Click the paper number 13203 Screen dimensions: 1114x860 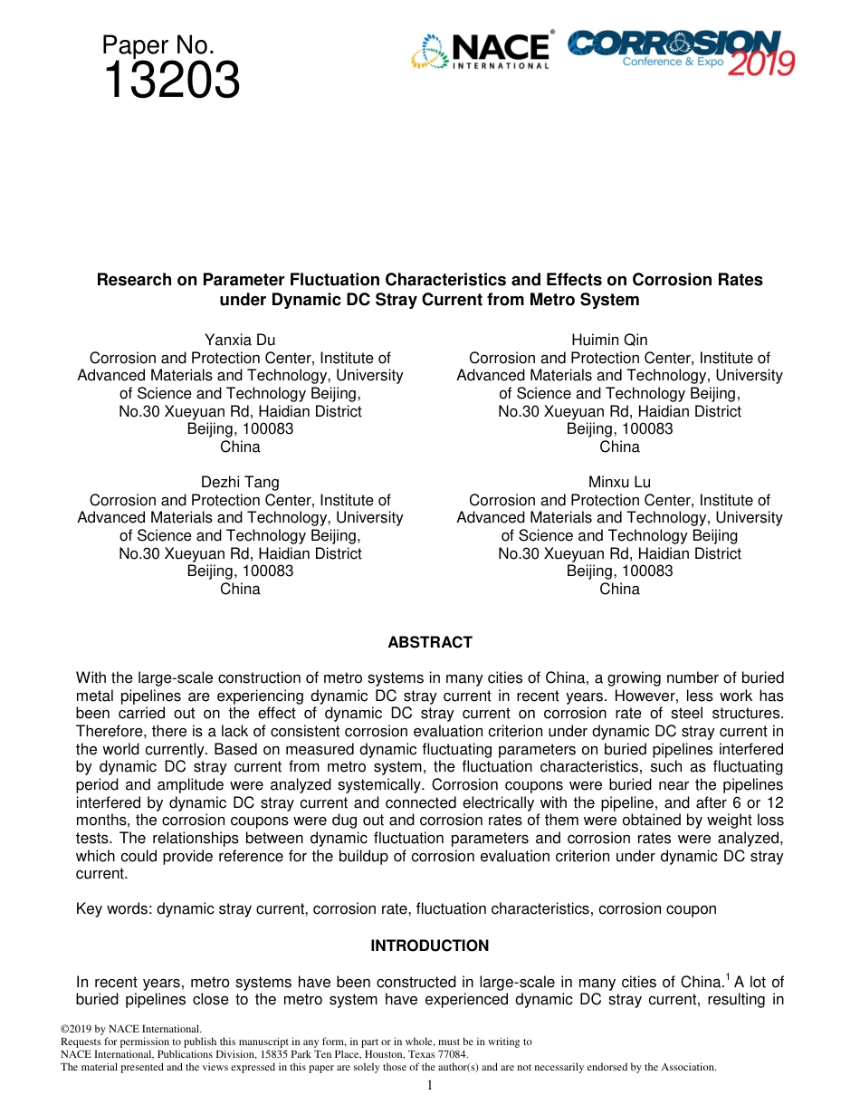(x=171, y=82)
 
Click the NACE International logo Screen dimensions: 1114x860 (x=481, y=51)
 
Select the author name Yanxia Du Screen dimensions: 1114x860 (x=240, y=341)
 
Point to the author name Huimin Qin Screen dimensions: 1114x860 (x=619, y=341)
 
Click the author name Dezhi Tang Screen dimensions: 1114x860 (x=240, y=483)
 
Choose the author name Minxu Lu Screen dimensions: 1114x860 (x=619, y=483)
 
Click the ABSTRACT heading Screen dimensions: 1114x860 (x=430, y=642)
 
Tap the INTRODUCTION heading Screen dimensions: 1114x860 (x=430, y=946)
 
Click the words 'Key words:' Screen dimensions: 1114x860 (x=114, y=909)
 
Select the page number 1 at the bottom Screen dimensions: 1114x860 (x=430, y=1085)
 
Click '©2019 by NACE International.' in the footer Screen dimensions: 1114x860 (x=129, y=1029)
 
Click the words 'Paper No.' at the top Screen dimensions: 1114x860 (x=158, y=44)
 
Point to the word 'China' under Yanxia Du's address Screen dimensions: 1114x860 (x=240, y=447)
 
